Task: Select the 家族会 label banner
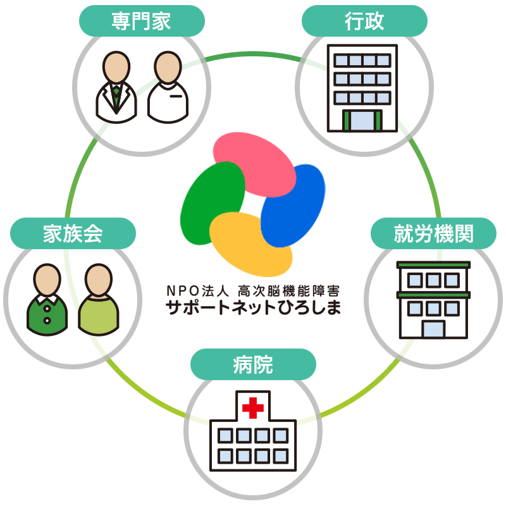coord(73,233)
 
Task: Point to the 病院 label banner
coord(253,364)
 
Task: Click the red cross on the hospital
coord(253,408)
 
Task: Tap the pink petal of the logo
coord(253,163)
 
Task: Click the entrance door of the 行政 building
coord(362,120)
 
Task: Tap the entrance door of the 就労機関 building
coord(433,328)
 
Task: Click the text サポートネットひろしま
coord(252,309)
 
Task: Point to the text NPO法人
coord(197,291)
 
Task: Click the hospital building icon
coord(252,430)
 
